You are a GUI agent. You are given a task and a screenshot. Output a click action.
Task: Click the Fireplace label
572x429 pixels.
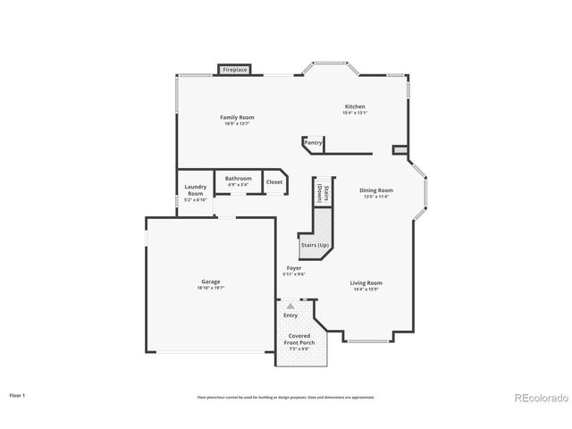(x=235, y=69)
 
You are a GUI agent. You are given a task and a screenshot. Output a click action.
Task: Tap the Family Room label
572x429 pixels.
(x=238, y=118)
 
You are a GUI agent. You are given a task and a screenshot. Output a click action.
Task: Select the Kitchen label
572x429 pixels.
(x=355, y=106)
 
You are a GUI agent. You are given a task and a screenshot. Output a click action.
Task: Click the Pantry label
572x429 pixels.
(x=313, y=143)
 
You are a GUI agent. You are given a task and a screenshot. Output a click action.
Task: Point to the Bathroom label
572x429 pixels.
(x=239, y=179)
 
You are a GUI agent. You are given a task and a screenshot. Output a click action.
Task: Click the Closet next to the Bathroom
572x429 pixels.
(x=274, y=182)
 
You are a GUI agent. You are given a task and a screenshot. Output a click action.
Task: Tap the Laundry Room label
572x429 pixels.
(x=196, y=189)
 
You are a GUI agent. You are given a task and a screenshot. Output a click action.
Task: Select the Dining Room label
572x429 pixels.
(x=376, y=190)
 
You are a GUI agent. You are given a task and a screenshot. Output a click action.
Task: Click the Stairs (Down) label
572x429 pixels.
(x=315, y=191)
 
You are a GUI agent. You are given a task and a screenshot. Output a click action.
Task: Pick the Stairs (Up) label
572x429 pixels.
(x=314, y=244)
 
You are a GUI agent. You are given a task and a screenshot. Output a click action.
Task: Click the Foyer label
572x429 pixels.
(x=293, y=268)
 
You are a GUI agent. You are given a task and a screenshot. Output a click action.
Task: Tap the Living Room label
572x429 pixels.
(x=366, y=283)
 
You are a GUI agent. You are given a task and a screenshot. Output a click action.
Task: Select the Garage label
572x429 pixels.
(x=211, y=282)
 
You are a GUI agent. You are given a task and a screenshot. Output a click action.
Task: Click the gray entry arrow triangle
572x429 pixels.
(x=290, y=307)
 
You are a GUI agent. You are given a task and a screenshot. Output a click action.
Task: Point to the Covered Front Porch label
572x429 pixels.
(x=299, y=339)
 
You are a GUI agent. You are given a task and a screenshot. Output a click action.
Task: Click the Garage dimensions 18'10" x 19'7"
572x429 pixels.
(x=211, y=289)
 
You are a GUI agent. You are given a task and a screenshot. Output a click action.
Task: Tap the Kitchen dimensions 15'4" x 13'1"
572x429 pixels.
(x=355, y=113)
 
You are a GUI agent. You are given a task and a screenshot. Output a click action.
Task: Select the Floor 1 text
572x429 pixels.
(x=18, y=394)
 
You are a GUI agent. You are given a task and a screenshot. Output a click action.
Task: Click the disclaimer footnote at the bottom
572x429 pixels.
(x=286, y=397)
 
